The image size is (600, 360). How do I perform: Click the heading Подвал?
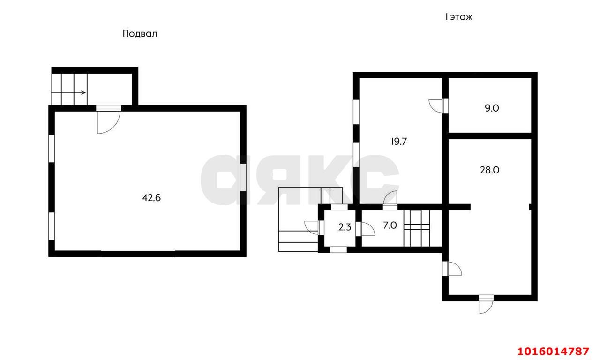[140, 34]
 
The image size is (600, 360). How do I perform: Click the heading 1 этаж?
[459, 17]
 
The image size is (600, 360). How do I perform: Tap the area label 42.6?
[151, 198]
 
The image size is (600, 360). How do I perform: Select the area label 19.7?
[399, 142]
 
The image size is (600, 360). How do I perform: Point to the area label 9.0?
[492, 108]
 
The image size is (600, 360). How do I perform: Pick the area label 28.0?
[489, 170]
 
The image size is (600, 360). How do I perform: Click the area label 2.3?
[345, 227]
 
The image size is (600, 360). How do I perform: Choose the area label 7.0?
[390, 225]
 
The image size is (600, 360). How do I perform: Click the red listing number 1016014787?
[554, 351]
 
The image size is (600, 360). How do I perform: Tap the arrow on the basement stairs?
[68, 93]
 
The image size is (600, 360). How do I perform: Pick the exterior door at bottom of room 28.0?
[486, 304]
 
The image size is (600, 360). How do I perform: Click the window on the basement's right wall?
[243, 177]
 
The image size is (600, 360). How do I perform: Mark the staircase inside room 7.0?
[417, 228]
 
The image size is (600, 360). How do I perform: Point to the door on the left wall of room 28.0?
[452, 269]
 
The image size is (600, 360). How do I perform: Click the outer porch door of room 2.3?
[314, 228]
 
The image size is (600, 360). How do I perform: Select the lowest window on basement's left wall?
[52, 226]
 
